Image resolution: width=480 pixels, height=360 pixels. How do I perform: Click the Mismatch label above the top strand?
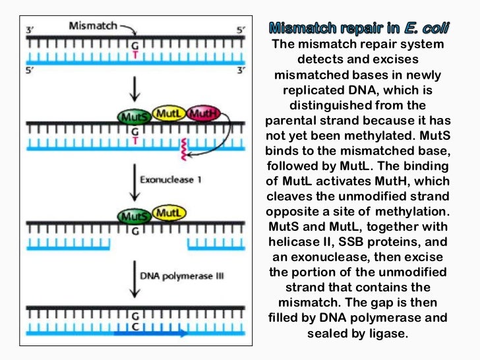[92, 26]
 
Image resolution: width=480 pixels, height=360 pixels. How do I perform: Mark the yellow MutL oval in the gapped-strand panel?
[169, 212]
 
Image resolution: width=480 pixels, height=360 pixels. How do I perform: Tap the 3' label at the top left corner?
[30, 29]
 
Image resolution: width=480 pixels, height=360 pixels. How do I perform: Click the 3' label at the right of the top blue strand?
[241, 70]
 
